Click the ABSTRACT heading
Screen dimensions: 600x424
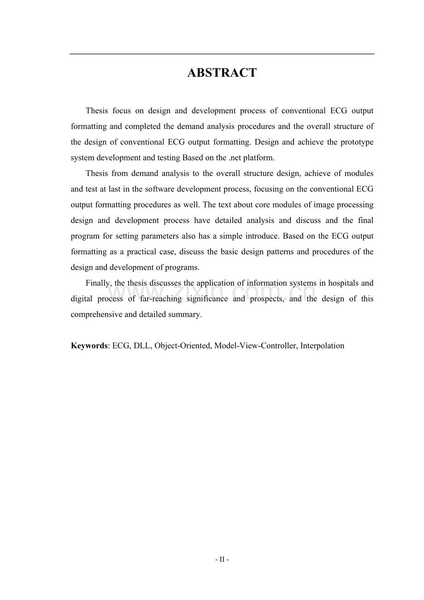(x=222, y=73)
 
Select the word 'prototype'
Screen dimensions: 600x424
(x=357, y=142)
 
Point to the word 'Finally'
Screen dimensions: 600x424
(x=98, y=283)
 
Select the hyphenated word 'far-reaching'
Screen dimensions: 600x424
(x=161, y=299)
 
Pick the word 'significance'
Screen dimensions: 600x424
(x=207, y=299)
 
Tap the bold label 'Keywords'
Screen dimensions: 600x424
(x=89, y=346)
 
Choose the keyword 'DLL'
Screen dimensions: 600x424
(x=141, y=346)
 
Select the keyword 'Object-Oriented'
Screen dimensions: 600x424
(x=182, y=346)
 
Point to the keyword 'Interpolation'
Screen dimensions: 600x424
(x=322, y=346)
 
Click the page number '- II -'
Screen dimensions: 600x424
(x=222, y=559)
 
